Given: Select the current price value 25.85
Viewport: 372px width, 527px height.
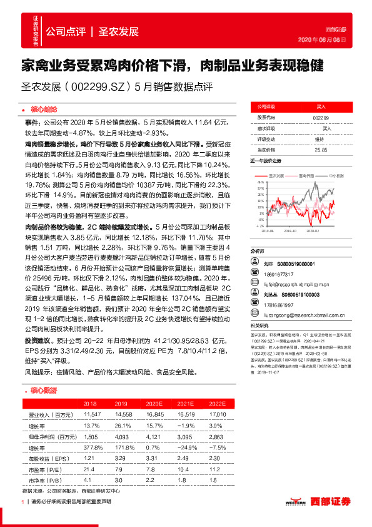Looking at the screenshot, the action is pos(321,150).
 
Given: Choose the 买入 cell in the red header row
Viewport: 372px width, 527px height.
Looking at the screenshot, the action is pos(321,107).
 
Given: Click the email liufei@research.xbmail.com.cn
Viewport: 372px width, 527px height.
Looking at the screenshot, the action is pos(293,284).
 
